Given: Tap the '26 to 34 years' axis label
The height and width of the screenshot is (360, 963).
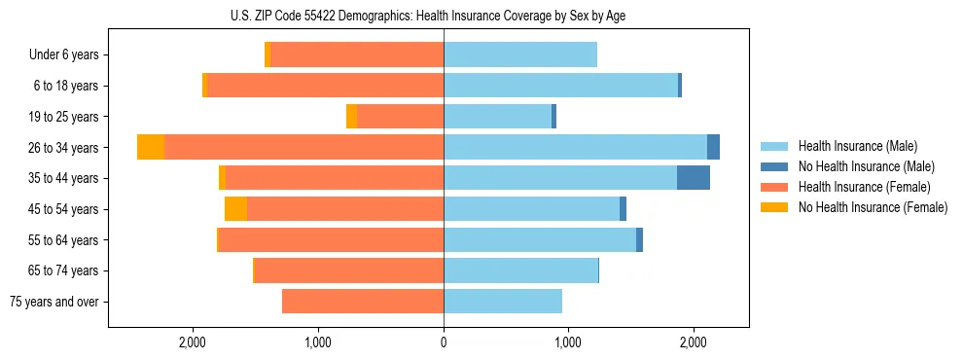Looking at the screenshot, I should coord(64,148).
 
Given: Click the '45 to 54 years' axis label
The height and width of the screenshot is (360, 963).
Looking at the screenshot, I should coord(64,209).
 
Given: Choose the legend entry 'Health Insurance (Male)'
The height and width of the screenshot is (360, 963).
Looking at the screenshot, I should coord(858,146).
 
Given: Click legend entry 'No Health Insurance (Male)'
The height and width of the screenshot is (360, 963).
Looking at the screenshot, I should coord(866,166).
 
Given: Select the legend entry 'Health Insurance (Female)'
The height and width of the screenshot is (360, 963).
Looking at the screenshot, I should coord(864,187).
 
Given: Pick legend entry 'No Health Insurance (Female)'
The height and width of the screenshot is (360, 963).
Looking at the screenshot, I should coord(872,207).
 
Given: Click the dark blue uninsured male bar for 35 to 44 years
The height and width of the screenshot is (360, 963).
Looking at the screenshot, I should coord(694,178).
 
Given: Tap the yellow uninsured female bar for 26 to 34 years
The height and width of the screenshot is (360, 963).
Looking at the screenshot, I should coord(151,147).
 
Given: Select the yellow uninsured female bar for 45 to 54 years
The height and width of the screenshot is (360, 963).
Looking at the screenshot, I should coord(235,209).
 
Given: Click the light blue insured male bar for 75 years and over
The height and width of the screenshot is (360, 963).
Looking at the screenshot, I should coord(503,302).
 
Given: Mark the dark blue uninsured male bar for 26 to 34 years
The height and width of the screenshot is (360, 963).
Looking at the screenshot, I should coord(713,147).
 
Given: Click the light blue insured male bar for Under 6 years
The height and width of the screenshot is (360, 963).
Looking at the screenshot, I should coord(520,54).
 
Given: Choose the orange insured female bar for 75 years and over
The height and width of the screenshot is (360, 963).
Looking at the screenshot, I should coord(363,302).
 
